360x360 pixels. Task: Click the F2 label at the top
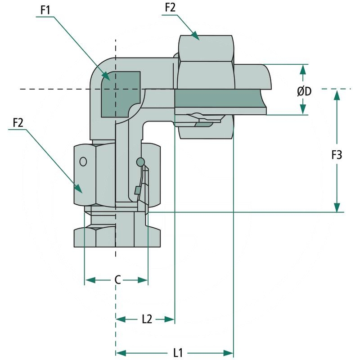tap(170, 8)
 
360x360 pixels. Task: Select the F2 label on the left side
tap(18, 122)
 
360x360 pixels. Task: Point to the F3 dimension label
tap(337, 155)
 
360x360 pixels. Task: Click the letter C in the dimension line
tap(117, 280)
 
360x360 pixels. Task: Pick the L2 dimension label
tap(147, 319)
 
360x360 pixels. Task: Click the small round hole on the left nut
tap(83, 161)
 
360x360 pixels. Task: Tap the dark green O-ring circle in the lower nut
tap(140, 161)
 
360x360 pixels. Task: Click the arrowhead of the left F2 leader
tap(79, 189)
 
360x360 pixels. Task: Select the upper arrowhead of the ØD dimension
tap(303, 69)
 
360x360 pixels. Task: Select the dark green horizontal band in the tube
tap(216, 98)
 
